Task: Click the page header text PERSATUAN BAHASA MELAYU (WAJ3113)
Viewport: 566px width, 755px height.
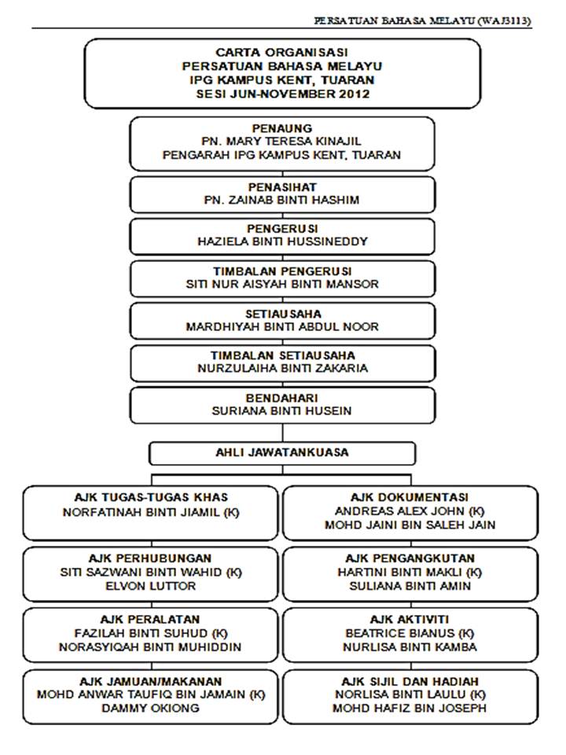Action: [422, 20]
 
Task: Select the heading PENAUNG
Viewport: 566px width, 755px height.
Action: [281, 127]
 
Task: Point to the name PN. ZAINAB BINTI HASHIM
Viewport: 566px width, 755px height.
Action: [281, 200]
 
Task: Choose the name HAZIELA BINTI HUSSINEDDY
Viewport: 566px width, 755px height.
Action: [281, 242]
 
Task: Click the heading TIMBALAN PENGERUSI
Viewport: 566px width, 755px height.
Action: [281, 271]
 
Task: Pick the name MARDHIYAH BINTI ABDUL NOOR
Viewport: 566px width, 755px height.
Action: [281, 326]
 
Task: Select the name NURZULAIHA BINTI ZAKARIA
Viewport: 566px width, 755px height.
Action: [281, 368]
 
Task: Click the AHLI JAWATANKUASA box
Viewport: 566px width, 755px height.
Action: [282, 453]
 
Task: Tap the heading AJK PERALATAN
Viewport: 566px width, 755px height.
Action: [150, 619]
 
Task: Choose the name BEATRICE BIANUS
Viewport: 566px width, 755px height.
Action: [401, 633]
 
